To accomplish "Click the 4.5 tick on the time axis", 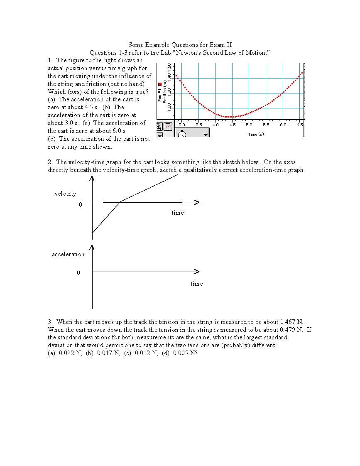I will point(232,125).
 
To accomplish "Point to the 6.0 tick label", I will point(283,125).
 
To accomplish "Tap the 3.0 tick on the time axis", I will point(181,125).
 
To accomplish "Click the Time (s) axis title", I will point(256,134).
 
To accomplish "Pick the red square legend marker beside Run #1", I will point(160,84).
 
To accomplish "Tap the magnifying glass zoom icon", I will point(159,126).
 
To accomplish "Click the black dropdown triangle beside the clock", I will point(205,135).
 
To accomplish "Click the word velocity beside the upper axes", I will point(65,194).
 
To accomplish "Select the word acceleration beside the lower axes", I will point(68,254).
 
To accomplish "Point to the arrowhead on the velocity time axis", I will point(197,202).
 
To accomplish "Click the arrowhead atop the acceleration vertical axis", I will point(92,248).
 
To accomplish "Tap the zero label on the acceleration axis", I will point(78,272).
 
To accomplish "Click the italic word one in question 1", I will point(74,92).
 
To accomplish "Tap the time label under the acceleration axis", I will point(197,284).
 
